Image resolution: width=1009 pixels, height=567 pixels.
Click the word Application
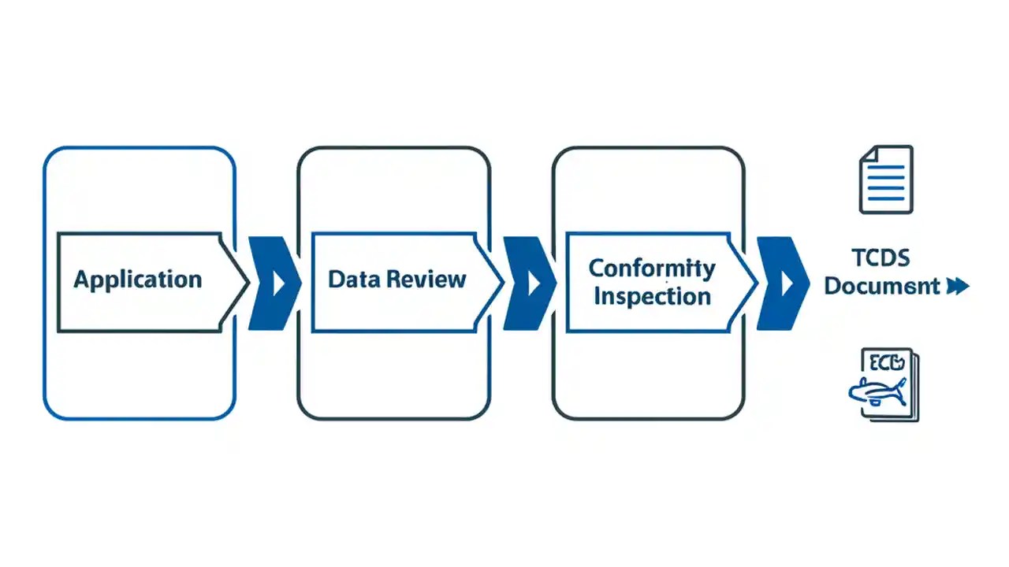(x=137, y=280)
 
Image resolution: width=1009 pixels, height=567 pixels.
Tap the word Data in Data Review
(x=350, y=280)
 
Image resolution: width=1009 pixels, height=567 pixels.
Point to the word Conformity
(x=652, y=268)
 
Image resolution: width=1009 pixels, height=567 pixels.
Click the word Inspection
(x=652, y=297)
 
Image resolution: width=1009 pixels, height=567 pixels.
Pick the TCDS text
(x=881, y=258)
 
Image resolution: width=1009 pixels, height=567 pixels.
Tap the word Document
(x=881, y=286)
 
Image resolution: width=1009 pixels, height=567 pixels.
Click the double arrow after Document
(x=957, y=287)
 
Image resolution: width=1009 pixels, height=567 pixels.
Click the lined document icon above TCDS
(x=886, y=179)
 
